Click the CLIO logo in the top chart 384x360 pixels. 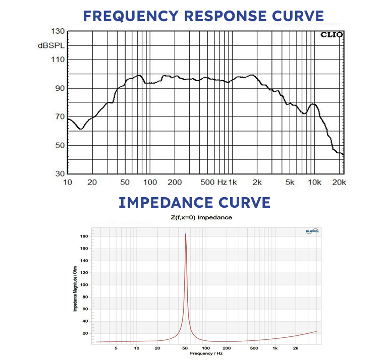(331, 35)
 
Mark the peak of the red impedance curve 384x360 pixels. (186, 234)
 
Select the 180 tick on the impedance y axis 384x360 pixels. (84, 236)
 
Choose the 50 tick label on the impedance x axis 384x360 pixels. (186, 348)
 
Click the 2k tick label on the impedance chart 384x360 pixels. (296, 348)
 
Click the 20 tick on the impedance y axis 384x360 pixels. (86, 333)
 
